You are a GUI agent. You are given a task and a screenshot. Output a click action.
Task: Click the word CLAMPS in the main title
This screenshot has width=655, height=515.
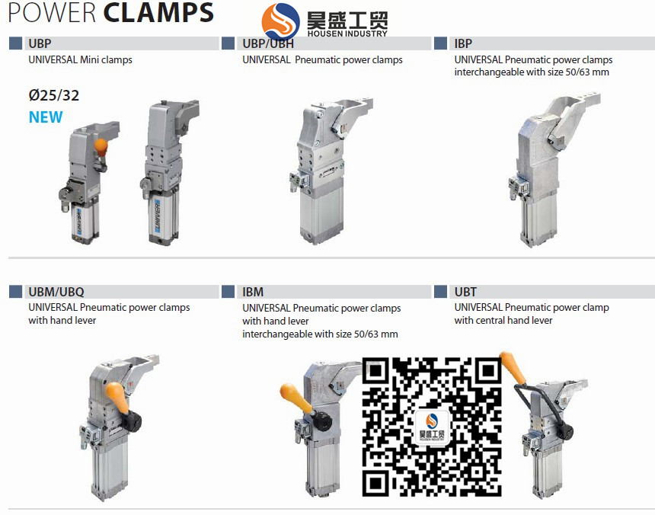(158, 12)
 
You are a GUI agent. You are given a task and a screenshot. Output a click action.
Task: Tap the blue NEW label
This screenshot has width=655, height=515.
(46, 117)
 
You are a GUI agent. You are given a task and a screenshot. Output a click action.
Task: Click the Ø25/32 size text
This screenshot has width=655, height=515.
(54, 95)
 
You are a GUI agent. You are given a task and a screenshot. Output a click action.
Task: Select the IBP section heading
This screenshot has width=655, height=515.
(463, 43)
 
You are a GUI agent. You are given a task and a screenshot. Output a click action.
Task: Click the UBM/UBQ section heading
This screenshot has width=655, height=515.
(56, 292)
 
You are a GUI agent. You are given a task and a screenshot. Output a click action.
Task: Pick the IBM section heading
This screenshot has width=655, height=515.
(253, 292)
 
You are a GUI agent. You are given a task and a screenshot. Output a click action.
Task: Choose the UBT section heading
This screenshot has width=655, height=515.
(465, 292)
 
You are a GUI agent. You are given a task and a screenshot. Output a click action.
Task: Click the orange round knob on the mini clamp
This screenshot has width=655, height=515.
(101, 146)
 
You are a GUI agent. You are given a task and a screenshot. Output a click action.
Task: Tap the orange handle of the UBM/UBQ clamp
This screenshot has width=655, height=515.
(117, 397)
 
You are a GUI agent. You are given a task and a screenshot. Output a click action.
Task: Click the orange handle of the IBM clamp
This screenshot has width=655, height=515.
(296, 398)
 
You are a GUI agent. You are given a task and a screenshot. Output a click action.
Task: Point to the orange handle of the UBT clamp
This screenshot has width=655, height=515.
(513, 367)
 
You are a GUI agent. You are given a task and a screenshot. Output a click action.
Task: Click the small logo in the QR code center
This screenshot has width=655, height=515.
(432, 427)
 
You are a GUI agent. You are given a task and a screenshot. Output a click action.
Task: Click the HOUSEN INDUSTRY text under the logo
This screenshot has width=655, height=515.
(347, 34)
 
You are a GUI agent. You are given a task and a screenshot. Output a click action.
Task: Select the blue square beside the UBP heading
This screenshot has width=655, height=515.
(15, 43)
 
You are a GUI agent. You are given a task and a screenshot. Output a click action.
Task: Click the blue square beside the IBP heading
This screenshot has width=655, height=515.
(441, 43)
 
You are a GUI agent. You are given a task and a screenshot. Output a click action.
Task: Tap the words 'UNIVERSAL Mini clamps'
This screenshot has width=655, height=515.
(80, 59)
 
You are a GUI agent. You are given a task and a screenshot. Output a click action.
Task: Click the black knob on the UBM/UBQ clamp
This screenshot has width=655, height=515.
(133, 421)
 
